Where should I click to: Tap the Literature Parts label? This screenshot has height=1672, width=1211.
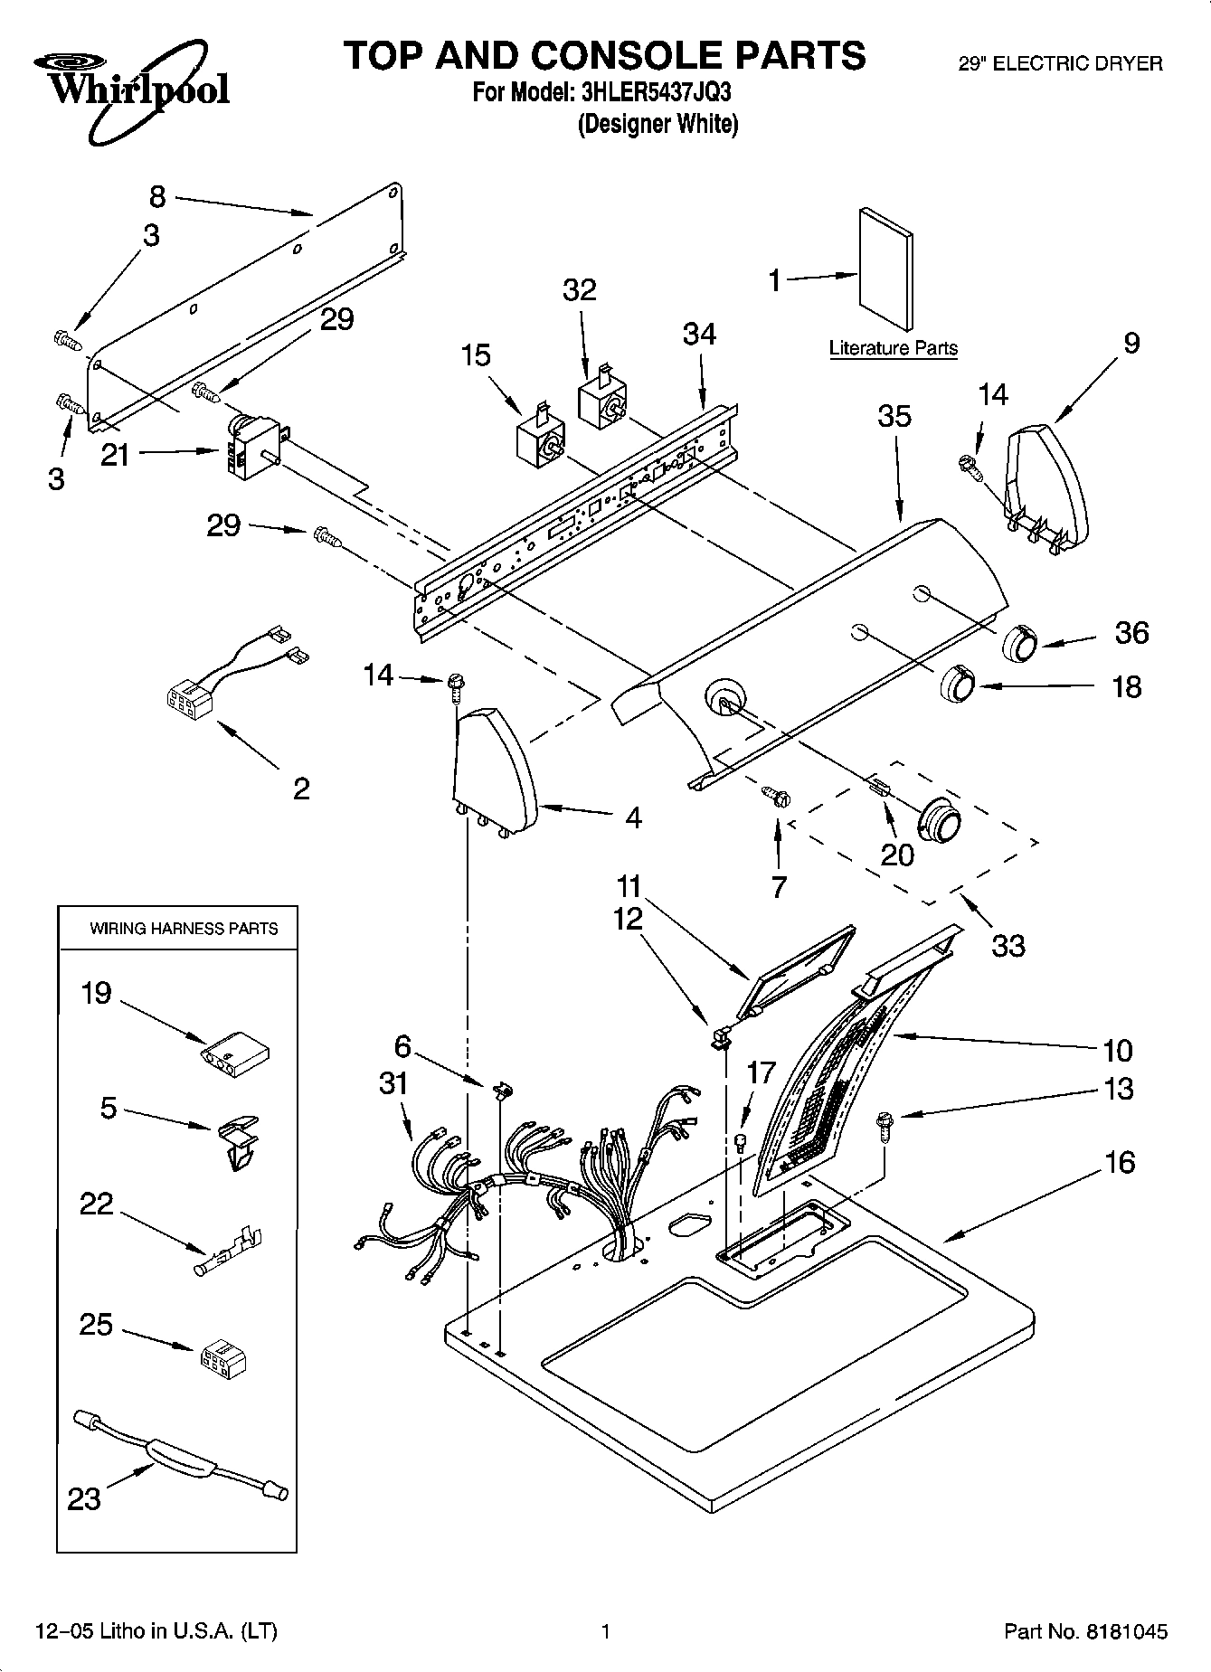(x=893, y=348)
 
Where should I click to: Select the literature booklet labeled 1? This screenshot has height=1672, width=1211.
(x=885, y=270)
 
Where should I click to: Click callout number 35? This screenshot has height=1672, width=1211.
(x=894, y=417)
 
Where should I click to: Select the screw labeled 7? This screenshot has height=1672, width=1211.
(x=776, y=795)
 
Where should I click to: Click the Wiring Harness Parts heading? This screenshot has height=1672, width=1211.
(x=183, y=929)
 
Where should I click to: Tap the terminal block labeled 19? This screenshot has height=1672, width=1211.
(x=235, y=1052)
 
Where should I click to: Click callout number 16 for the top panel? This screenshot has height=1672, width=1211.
(x=1119, y=1162)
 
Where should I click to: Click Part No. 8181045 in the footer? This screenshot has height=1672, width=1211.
(x=1085, y=1631)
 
